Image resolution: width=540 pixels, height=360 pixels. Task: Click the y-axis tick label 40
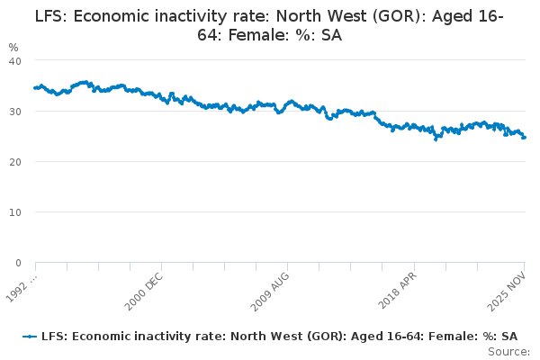point(15,60)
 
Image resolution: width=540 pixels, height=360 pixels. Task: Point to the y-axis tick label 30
point(15,112)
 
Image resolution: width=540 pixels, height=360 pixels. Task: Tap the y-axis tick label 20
point(15,162)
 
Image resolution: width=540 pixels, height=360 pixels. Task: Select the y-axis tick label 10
point(15,212)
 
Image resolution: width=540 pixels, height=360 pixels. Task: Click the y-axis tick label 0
point(18,263)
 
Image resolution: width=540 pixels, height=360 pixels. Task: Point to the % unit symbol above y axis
point(13,46)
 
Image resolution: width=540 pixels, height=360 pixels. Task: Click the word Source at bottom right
point(510,351)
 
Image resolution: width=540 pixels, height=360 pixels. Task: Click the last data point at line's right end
point(525,137)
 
